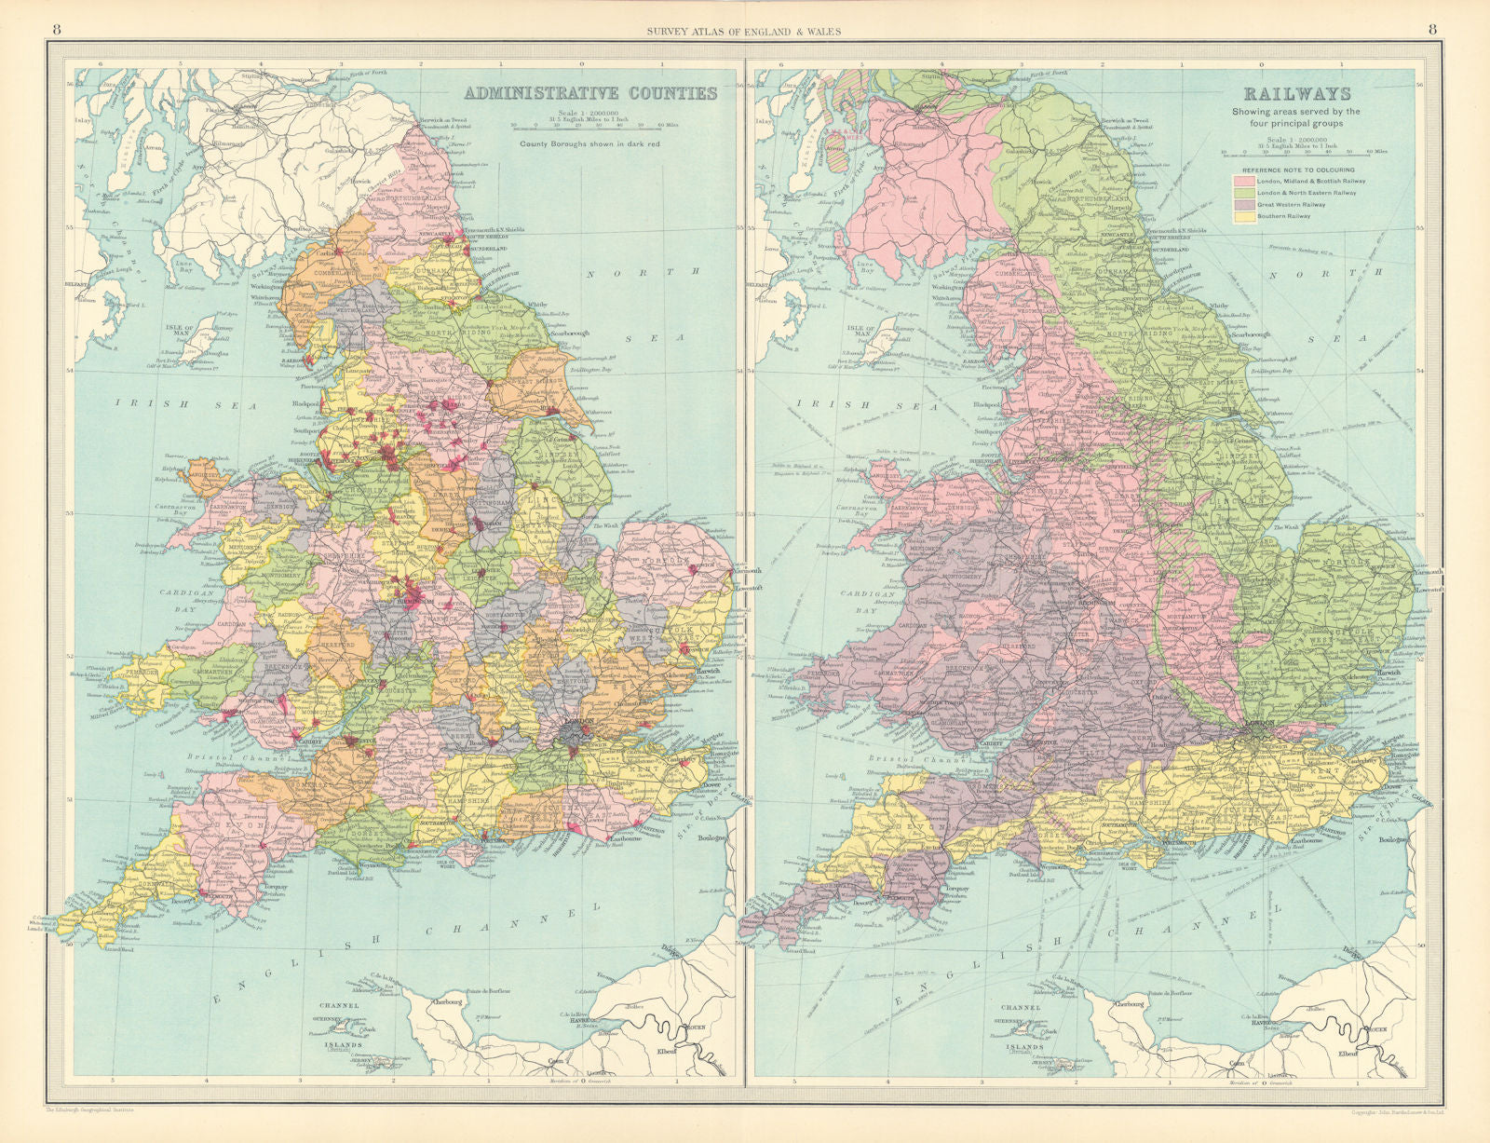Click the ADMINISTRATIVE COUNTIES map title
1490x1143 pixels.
pyautogui.click(x=590, y=93)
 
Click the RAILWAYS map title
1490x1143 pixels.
pyautogui.click(x=1296, y=93)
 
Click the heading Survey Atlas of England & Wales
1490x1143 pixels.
pyautogui.click(x=744, y=31)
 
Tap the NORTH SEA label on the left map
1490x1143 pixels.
pyautogui.click(x=643, y=304)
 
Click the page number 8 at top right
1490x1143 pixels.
pyautogui.click(x=1431, y=29)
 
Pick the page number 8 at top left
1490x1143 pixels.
pyautogui.click(x=57, y=29)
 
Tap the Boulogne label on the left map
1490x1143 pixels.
pyautogui.click(x=714, y=841)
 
